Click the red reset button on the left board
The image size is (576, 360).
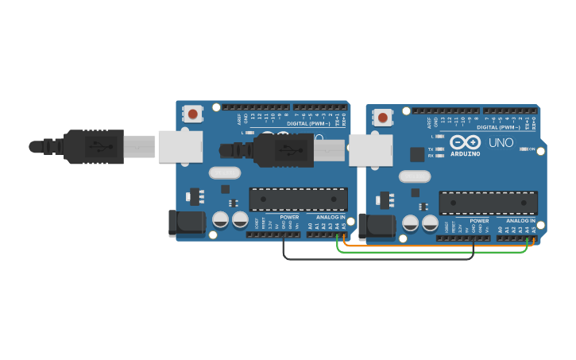pos(193,114)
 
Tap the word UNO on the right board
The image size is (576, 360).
pos(501,143)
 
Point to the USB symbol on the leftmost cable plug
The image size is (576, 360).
pos(99,147)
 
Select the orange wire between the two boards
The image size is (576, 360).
pos(437,246)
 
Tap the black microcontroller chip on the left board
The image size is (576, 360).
pos(298,199)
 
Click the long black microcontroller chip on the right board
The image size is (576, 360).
pos(487,203)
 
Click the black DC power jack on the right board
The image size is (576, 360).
pos(377,226)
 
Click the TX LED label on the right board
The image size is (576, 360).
pos(431,149)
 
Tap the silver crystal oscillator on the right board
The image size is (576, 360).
pos(414,176)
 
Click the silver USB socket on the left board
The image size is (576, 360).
pos(180,147)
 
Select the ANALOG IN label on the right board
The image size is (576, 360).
pos(520,221)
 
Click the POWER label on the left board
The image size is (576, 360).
pos(289,217)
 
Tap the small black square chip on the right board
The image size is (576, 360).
pos(417,155)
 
